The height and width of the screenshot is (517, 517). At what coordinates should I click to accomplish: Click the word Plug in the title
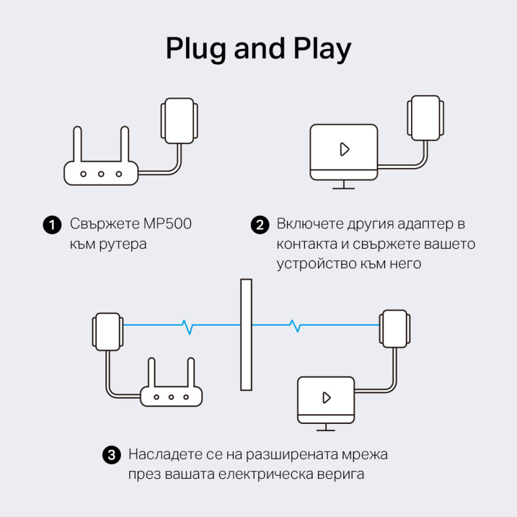point(195,49)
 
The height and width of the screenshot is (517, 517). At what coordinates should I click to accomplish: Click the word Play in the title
point(319,49)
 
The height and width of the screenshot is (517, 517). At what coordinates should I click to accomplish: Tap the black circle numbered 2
point(258,225)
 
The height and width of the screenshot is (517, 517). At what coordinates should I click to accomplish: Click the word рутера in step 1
point(125,245)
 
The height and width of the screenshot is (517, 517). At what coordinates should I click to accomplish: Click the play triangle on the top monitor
point(344,149)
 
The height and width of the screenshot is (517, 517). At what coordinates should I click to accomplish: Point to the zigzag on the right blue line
point(296,326)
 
